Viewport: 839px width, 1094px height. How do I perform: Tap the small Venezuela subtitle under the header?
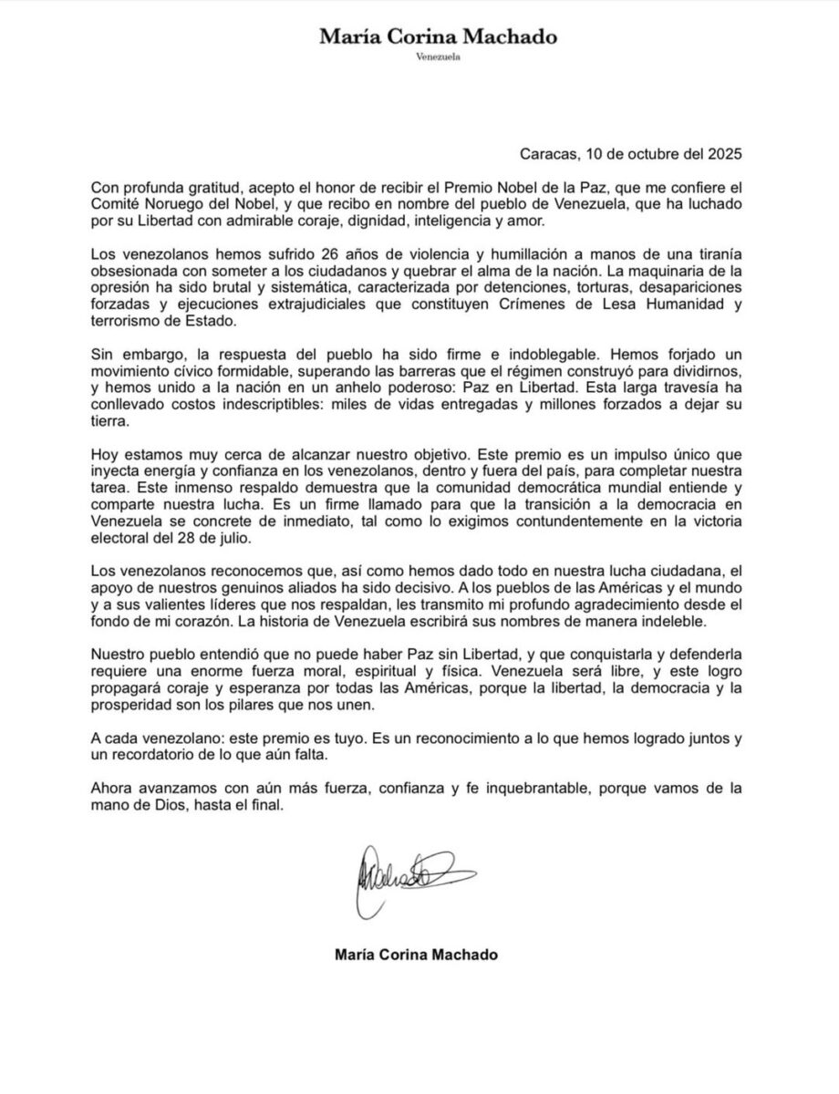pos(437,58)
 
